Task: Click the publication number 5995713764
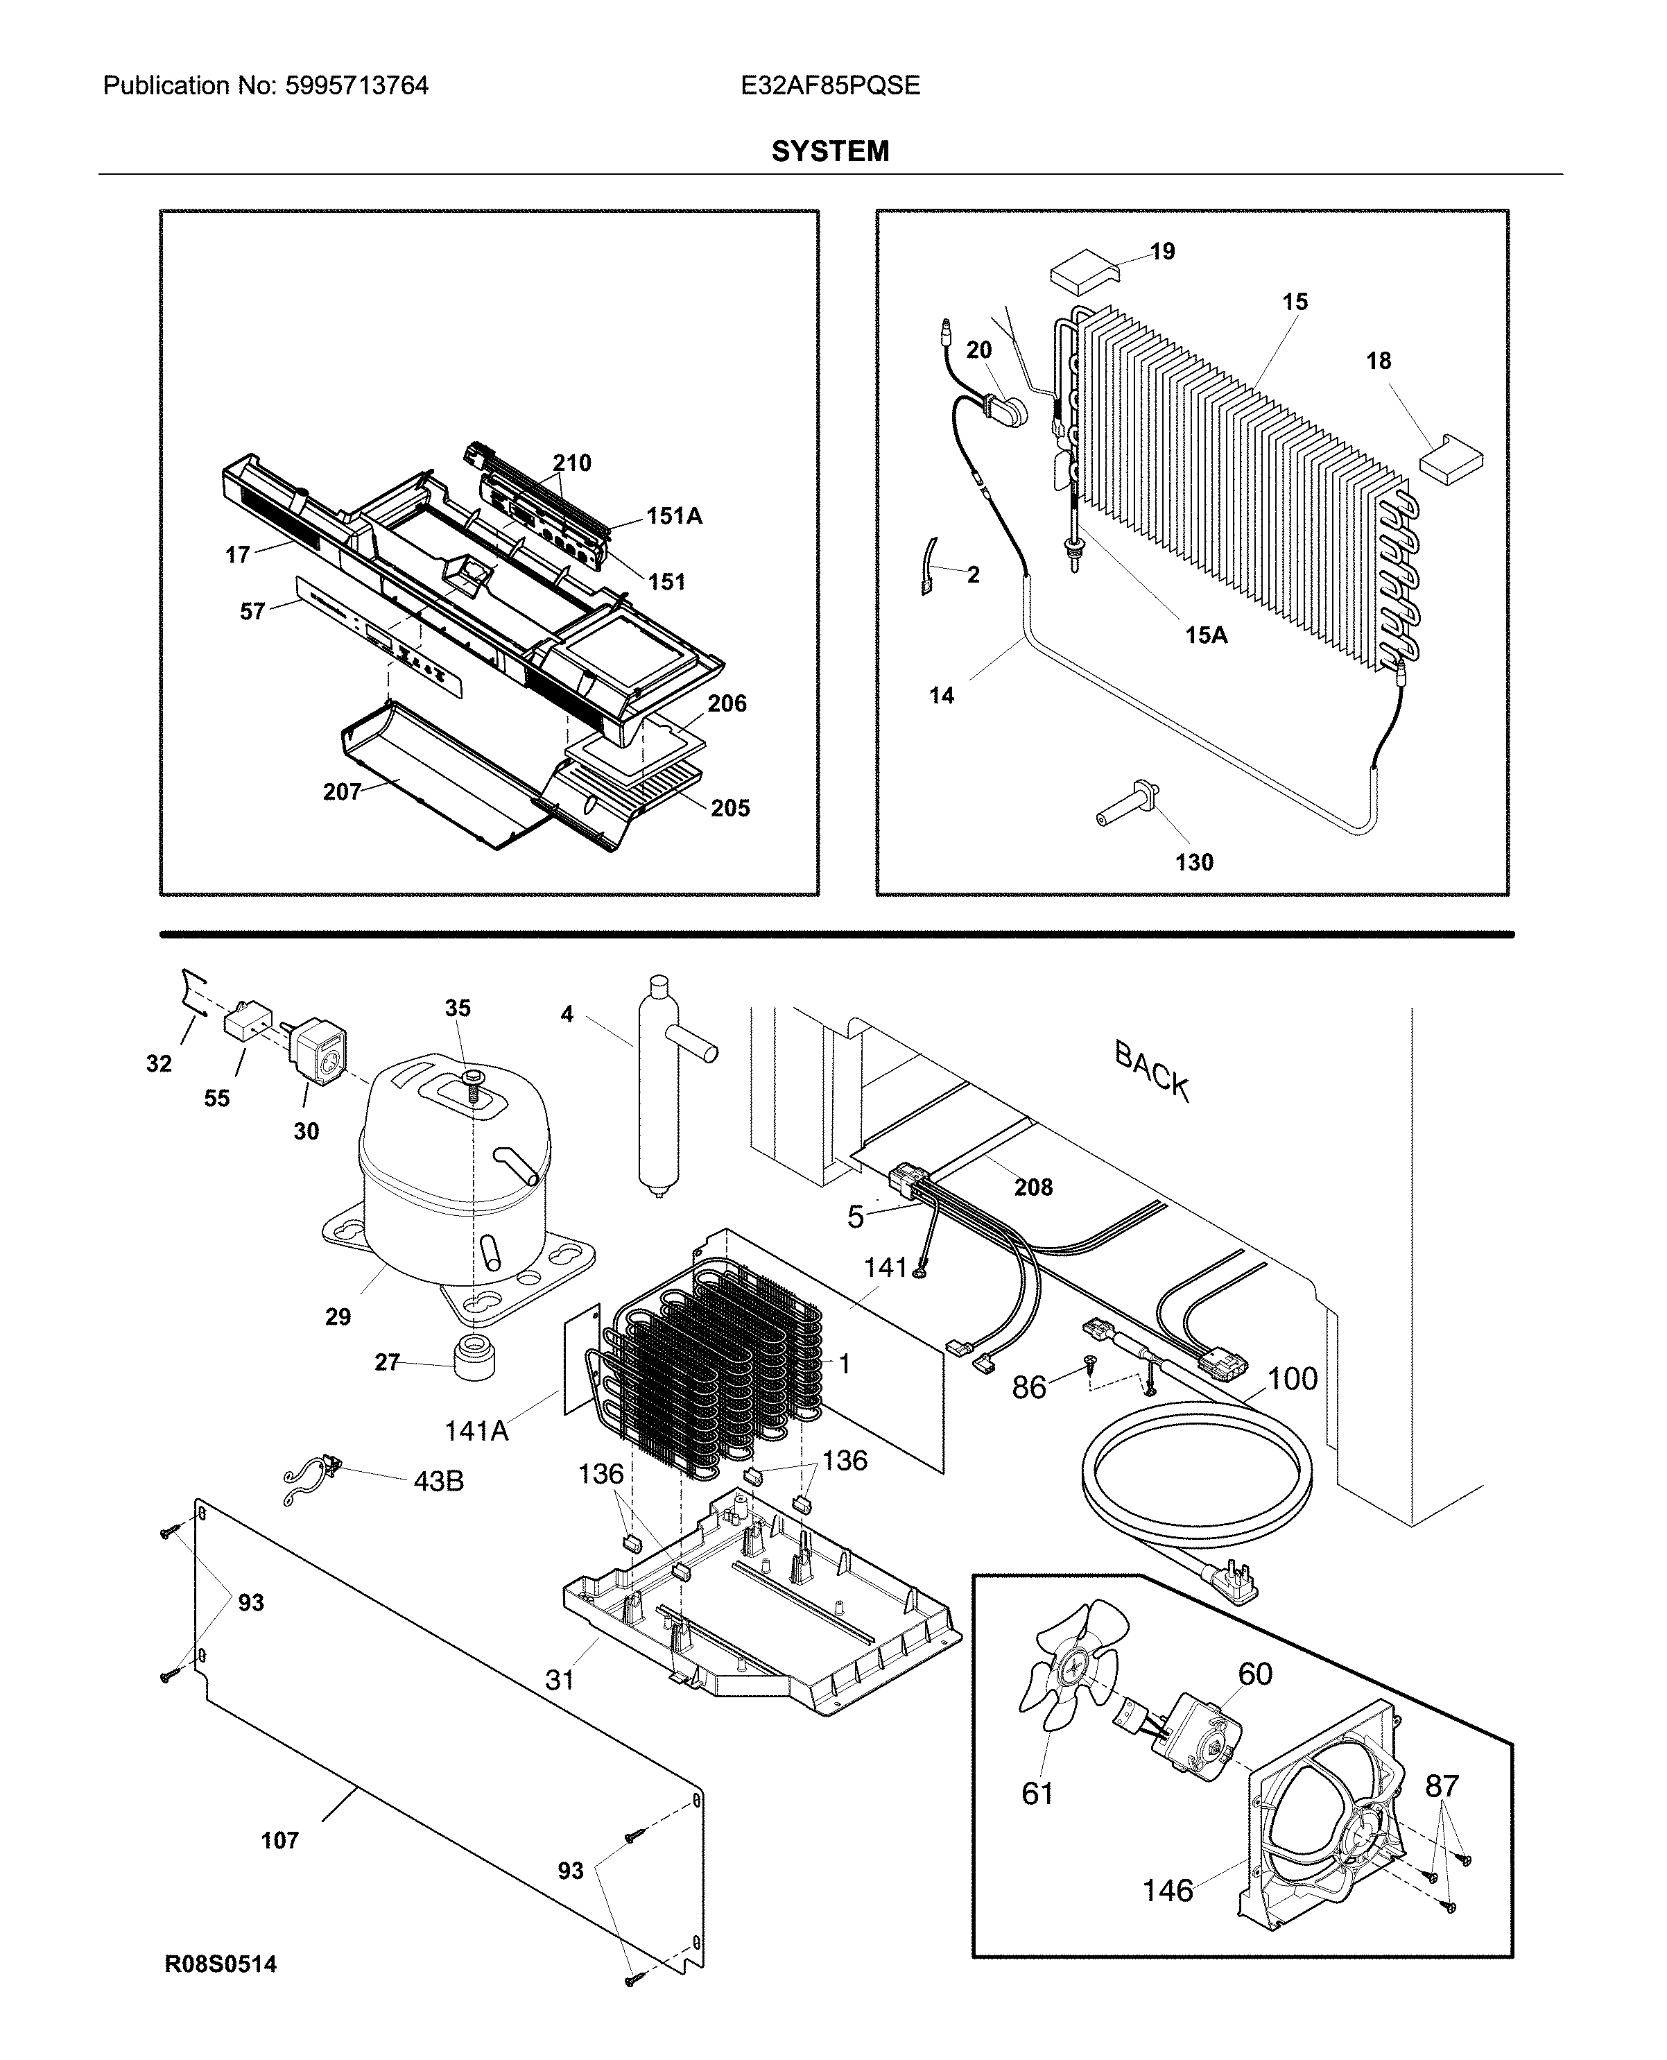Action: coord(356,87)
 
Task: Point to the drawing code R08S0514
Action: coord(221,1964)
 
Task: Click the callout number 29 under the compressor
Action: coord(338,1316)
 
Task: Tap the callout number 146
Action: coord(1167,1891)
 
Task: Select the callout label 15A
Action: coord(1206,635)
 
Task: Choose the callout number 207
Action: coord(342,792)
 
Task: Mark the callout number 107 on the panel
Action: coord(279,1840)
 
